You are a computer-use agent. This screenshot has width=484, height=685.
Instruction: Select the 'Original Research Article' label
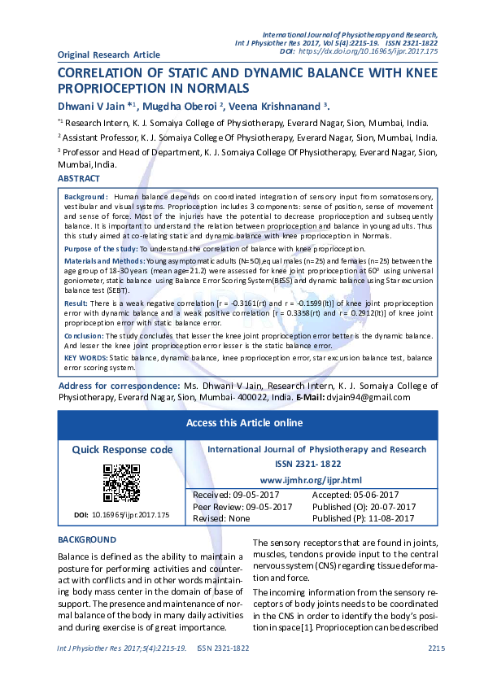pos(109,55)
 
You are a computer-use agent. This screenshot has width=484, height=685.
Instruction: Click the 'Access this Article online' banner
pos(244,423)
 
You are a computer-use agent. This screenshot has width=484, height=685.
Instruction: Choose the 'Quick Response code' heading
pos(122,450)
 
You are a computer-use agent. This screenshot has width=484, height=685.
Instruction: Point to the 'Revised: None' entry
pos(221,518)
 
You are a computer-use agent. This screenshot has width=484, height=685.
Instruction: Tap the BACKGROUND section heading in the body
pos(87,540)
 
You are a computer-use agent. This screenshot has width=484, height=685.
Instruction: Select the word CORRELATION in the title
pos(111,73)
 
